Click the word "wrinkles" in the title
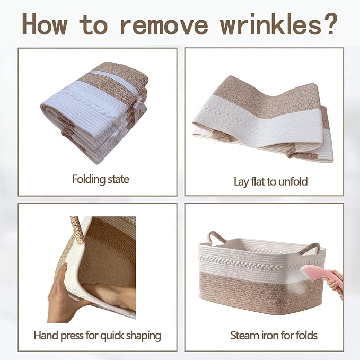pyautogui.click(x=271, y=24)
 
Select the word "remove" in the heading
pyautogui.click(x=164, y=26)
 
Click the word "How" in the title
pyautogui.click(x=45, y=24)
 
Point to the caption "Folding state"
pyautogui.click(x=101, y=179)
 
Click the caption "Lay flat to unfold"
pyautogui.click(x=270, y=181)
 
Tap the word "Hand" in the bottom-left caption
pyautogui.click(x=47, y=335)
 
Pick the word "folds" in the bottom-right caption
pyautogui.click(x=306, y=335)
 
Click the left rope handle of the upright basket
pyautogui.click(x=216, y=239)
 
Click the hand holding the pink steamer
pyautogui.click(x=335, y=282)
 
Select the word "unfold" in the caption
pyautogui.click(x=293, y=181)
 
